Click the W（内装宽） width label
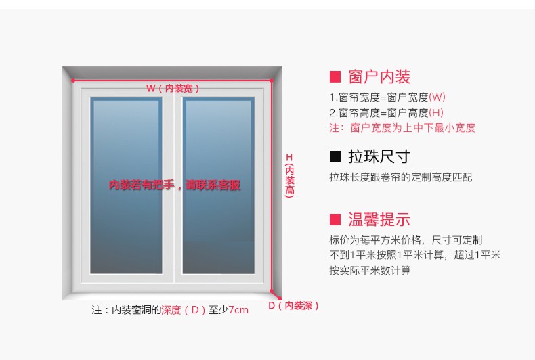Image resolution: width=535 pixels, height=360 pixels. (173, 88)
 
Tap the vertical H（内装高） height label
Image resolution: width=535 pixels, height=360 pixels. (289, 175)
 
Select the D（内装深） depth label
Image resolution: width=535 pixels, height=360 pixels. (293, 305)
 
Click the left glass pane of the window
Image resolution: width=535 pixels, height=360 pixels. (126, 185)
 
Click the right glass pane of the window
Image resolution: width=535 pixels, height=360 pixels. (218, 185)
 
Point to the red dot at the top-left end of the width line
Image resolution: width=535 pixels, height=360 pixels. (73, 81)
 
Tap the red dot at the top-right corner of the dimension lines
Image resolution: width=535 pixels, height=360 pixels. (272, 81)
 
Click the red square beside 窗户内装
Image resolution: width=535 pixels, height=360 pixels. (335, 76)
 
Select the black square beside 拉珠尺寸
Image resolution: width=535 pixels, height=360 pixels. (335, 156)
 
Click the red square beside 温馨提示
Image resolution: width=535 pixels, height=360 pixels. (335, 219)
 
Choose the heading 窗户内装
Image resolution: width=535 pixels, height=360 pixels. (379, 76)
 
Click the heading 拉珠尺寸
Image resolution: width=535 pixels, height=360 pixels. (379, 156)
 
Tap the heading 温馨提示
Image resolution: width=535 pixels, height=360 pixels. (379, 219)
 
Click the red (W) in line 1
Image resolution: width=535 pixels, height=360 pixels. (437, 97)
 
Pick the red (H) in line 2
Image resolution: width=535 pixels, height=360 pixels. (436, 112)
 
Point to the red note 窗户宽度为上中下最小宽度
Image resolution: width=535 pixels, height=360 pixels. (413, 128)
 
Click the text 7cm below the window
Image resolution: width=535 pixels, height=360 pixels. (238, 310)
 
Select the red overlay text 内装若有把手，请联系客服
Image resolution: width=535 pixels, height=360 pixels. (175, 185)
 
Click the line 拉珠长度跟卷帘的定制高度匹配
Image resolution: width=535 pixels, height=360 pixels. (401, 177)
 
